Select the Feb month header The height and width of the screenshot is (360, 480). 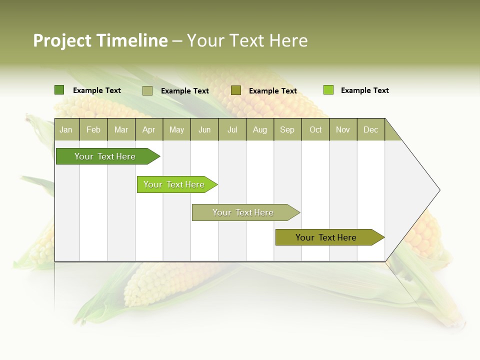click(93, 129)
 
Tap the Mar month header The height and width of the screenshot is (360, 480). click(121, 129)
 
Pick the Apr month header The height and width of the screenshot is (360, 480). click(149, 129)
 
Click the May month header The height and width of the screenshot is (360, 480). click(176, 129)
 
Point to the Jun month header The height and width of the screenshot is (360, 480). click(204, 129)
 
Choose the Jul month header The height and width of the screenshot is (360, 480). click(232, 129)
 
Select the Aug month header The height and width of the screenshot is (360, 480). click(260, 129)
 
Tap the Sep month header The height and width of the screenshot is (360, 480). click(287, 129)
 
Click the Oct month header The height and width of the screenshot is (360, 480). click(315, 129)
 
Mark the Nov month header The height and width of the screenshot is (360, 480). click(343, 129)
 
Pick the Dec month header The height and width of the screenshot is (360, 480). click(371, 129)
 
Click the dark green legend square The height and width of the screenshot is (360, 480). click(59, 90)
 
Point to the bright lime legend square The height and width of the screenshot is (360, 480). click(328, 90)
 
